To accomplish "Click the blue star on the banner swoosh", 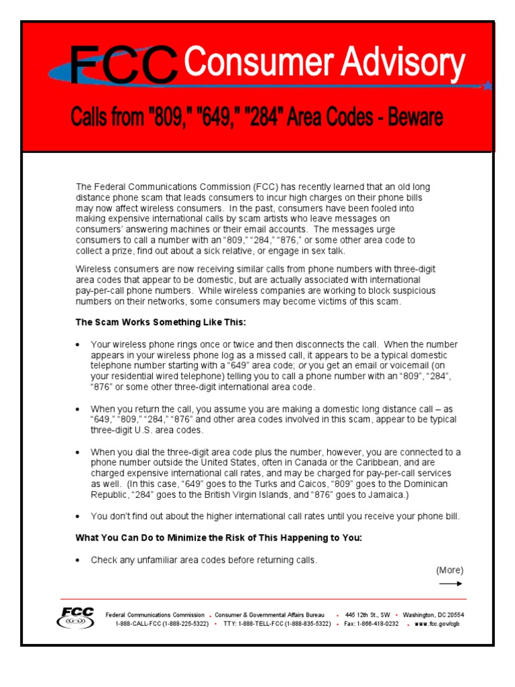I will (488, 85).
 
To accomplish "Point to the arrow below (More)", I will (451, 584).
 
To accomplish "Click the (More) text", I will (450, 570).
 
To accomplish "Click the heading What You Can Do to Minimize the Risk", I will (219, 538).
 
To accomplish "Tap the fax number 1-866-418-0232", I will (376, 623).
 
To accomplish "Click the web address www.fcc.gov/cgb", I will (437, 623).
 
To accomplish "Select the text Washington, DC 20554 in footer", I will (433, 615).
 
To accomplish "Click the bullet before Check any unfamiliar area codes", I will (78, 560).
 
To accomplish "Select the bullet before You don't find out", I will (78, 517).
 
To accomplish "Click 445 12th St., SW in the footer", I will (367, 615).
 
